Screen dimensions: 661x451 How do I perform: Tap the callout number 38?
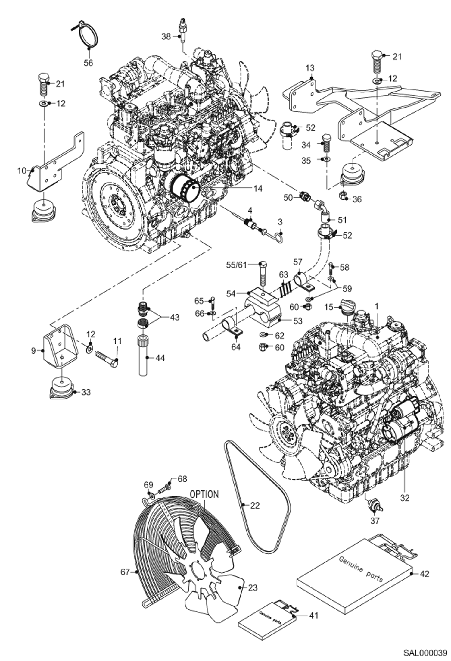[x=166, y=37]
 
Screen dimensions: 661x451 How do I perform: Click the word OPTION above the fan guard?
[x=204, y=494]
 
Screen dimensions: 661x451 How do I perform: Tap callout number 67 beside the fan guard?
[x=125, y=572]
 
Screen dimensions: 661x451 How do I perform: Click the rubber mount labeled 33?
[x=62, y=389]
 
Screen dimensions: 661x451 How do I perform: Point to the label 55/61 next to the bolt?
[x=237, y=265]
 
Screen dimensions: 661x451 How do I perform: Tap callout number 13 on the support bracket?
[x=310, y=68]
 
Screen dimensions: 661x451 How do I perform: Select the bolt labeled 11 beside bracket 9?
[x=107, y=358]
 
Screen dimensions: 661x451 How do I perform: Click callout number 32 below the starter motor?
[x=405, y=498]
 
